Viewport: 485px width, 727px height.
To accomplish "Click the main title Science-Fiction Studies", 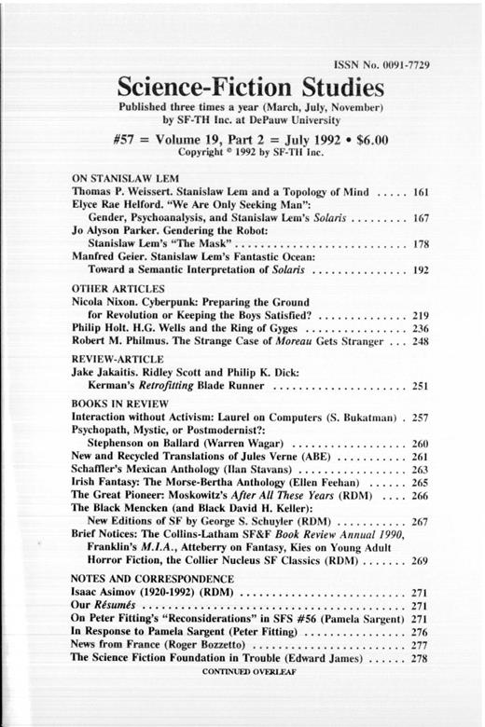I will [x=251, y=90].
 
